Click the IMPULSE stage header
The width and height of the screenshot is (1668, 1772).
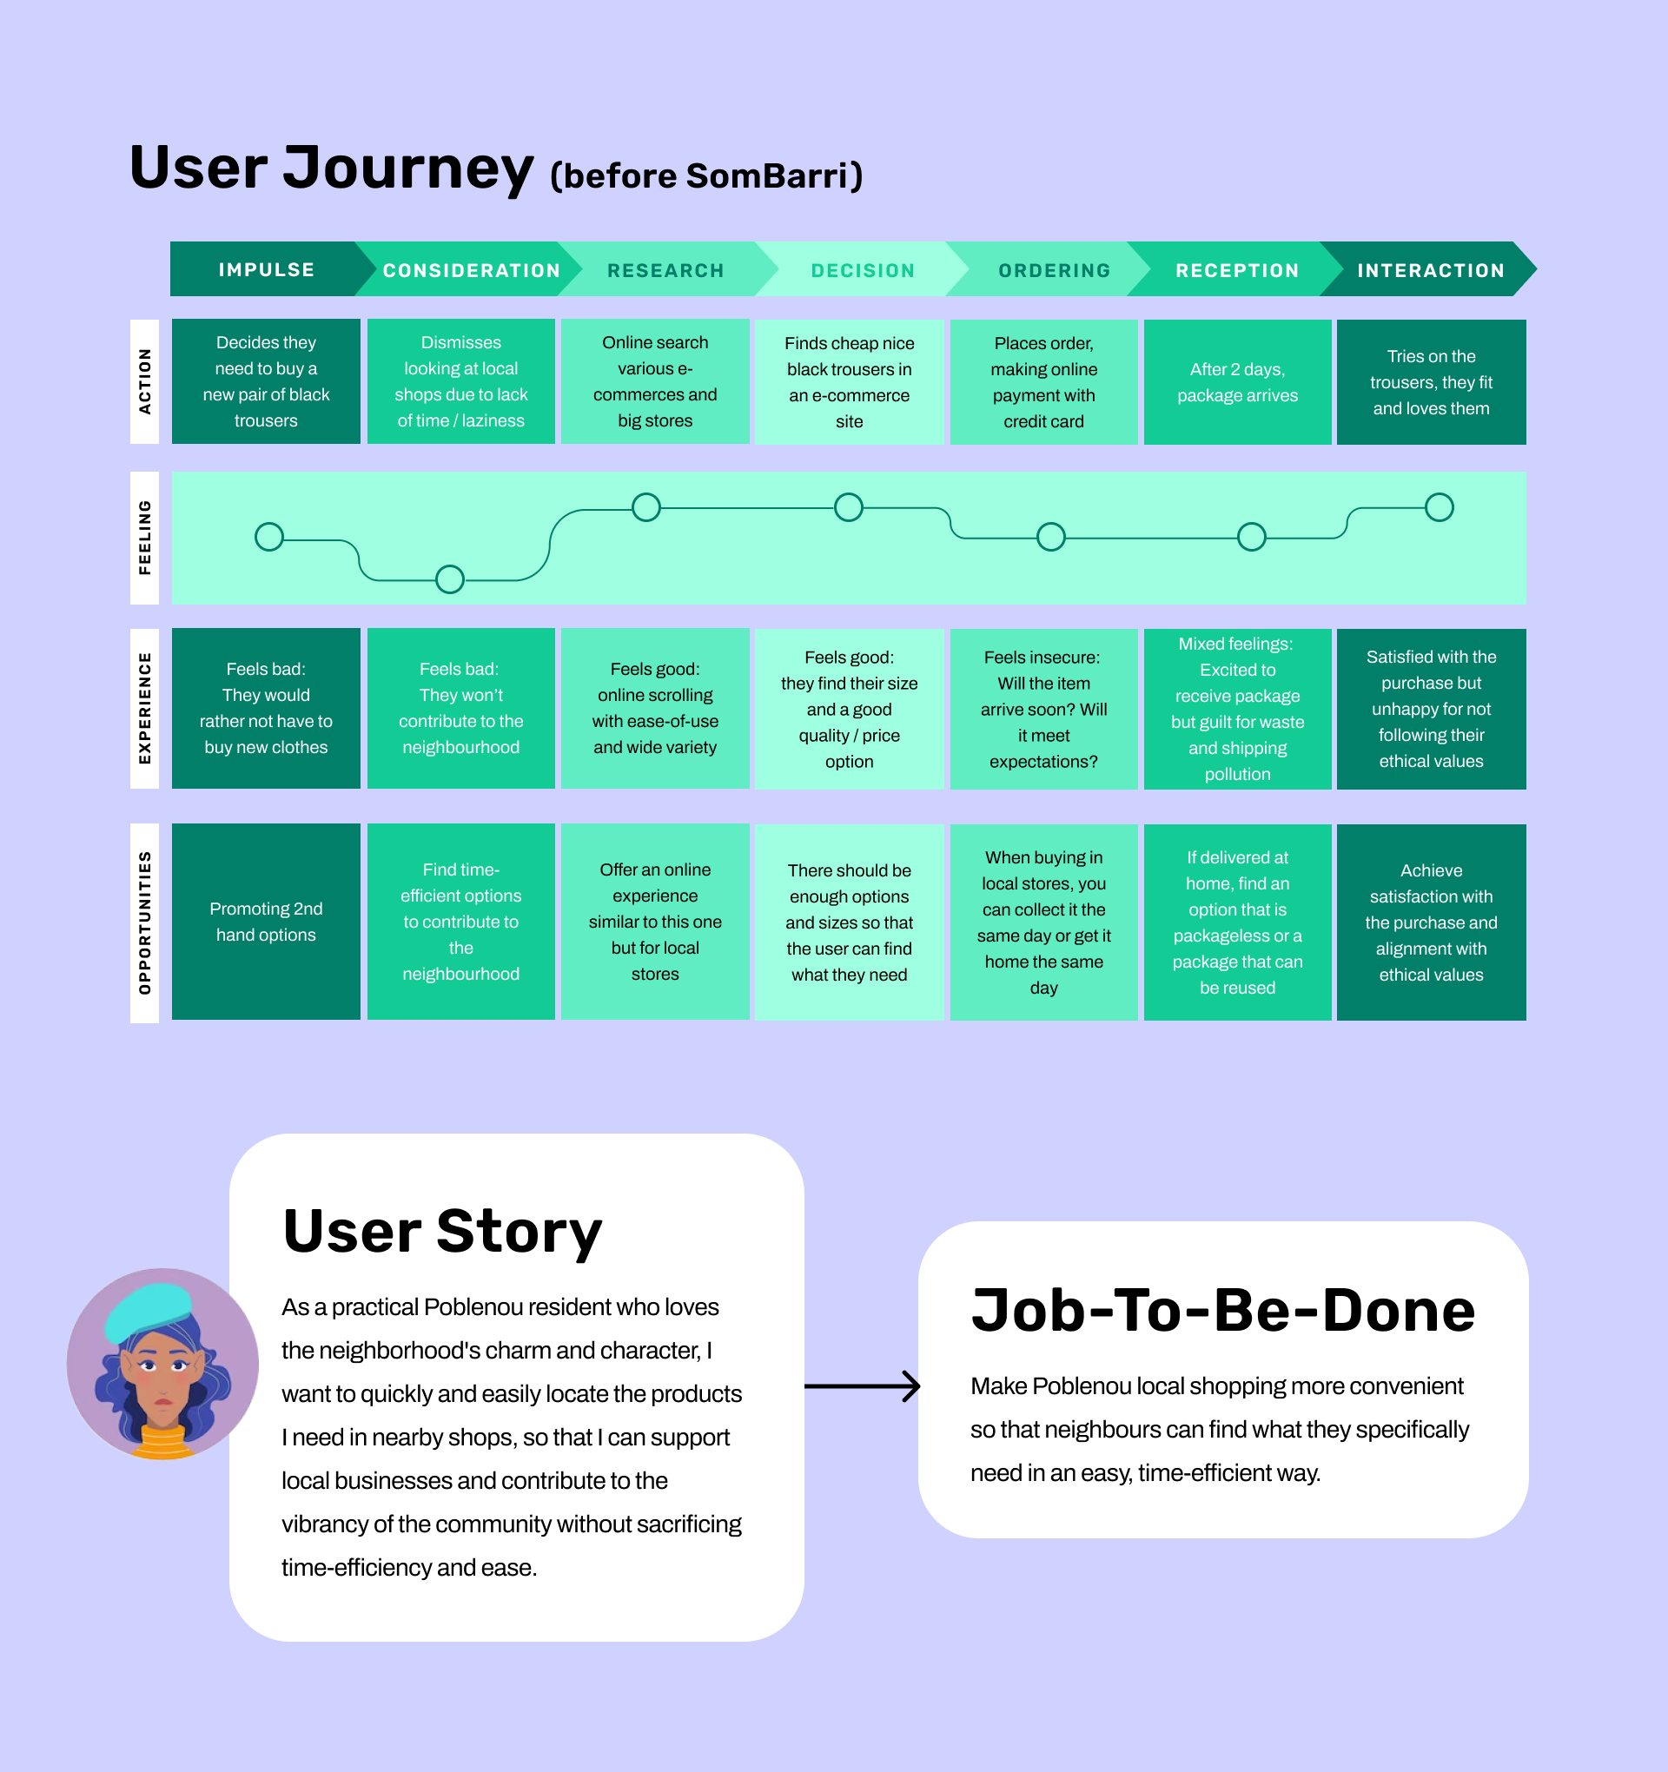(x=267, y=269)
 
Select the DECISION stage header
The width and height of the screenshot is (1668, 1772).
(x=862, y=270)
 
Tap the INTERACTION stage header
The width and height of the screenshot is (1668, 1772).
(x=1430, y=270)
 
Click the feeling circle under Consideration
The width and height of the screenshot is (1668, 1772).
(x=450, y=579)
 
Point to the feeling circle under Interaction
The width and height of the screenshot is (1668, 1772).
(x=1439, y=507)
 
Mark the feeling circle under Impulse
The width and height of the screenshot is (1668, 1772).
(x=269, y=537)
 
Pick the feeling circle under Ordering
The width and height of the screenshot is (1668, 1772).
(x=1051, y=537)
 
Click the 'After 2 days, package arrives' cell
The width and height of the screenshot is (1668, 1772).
(x=1237, y=382)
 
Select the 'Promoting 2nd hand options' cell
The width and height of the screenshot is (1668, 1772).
(x=266, y=922)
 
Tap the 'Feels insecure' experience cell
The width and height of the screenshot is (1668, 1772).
(x=1043, y=709)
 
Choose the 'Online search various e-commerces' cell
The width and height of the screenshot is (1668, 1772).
(x=654, y=381)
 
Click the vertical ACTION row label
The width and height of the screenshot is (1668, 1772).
(x=144, y=381)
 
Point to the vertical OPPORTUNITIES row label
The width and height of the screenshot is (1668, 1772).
(x=144, y=922)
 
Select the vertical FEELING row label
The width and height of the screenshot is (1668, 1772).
(x=144, y=538)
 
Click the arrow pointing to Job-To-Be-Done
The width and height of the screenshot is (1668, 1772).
(x=862, y=1386)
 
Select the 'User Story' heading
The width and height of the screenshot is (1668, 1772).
(x=442, y=1232)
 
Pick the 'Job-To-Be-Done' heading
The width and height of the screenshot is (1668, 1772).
(x=1222, y=1310)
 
